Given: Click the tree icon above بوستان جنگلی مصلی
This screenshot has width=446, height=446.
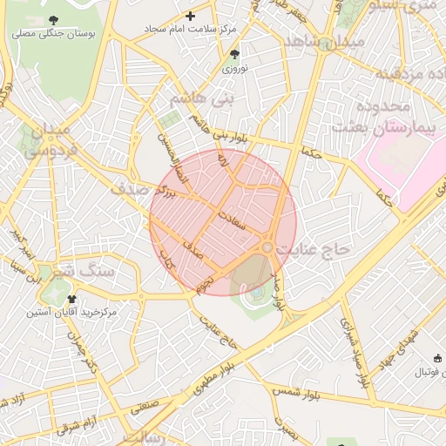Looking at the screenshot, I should pyautogui.click(x=55, y=19).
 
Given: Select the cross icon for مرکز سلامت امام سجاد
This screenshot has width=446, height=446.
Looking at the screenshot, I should pyautogui.click(x=191, y=16).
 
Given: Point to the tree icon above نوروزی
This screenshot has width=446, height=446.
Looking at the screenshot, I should pyautogui.click(x=234, y=55).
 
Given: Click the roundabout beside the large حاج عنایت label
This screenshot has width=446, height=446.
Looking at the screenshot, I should pyautogui.click(x=267, y=248).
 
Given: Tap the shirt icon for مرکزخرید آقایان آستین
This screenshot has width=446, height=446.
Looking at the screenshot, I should pyautogui.click(x=71, y=298).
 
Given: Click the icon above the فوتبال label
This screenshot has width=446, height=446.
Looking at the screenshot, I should pyautogui.click(x=436, y=358).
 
